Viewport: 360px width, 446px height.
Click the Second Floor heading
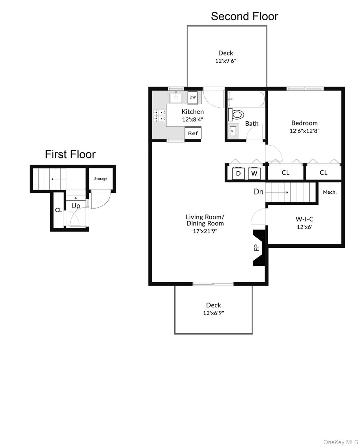pyautogui.click(x=244, y=16)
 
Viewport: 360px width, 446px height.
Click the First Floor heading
pyautogui.click(x=70, y=154)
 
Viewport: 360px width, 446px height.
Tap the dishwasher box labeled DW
pyautogui.click(x=193, y=98)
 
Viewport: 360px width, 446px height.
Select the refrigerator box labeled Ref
pyautogui.click(x=193, y=133)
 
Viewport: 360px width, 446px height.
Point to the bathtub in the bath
pyautogui.click(x=246, y=99)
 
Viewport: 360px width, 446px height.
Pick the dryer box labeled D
pyautogui.click(x=238, y=174)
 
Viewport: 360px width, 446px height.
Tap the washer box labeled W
pyautogui.click(x=254, y=174)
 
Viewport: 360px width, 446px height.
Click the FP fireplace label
pyautogui.click(x=257, y=247)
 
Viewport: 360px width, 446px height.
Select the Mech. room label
pyautogui.click(x=330, y=192)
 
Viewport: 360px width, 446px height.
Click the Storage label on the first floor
pyautogui.click(x=101, y=179)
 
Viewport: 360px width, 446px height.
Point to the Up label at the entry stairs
pyautogui.click(x=76, y=206)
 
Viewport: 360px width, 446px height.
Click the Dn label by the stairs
pyautogui.click(x=258, y=192)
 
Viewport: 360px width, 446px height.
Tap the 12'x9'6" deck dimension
pyautogui.click(x=226, y=61)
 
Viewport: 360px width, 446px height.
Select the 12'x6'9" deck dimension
pyautogui.click(x=214, y=313)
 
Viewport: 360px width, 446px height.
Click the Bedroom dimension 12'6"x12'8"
pyautogui.click(x=304, y=131)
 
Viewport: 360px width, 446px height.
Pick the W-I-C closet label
pyautogui.click(x=304, y=219)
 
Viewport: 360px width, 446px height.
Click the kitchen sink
pyautogui.click(x=176, y=97)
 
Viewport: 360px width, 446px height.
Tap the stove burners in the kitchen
pyautogui.click(x=159, y=115)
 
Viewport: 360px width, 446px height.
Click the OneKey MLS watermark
pyautogui.click(x=341, y=442)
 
